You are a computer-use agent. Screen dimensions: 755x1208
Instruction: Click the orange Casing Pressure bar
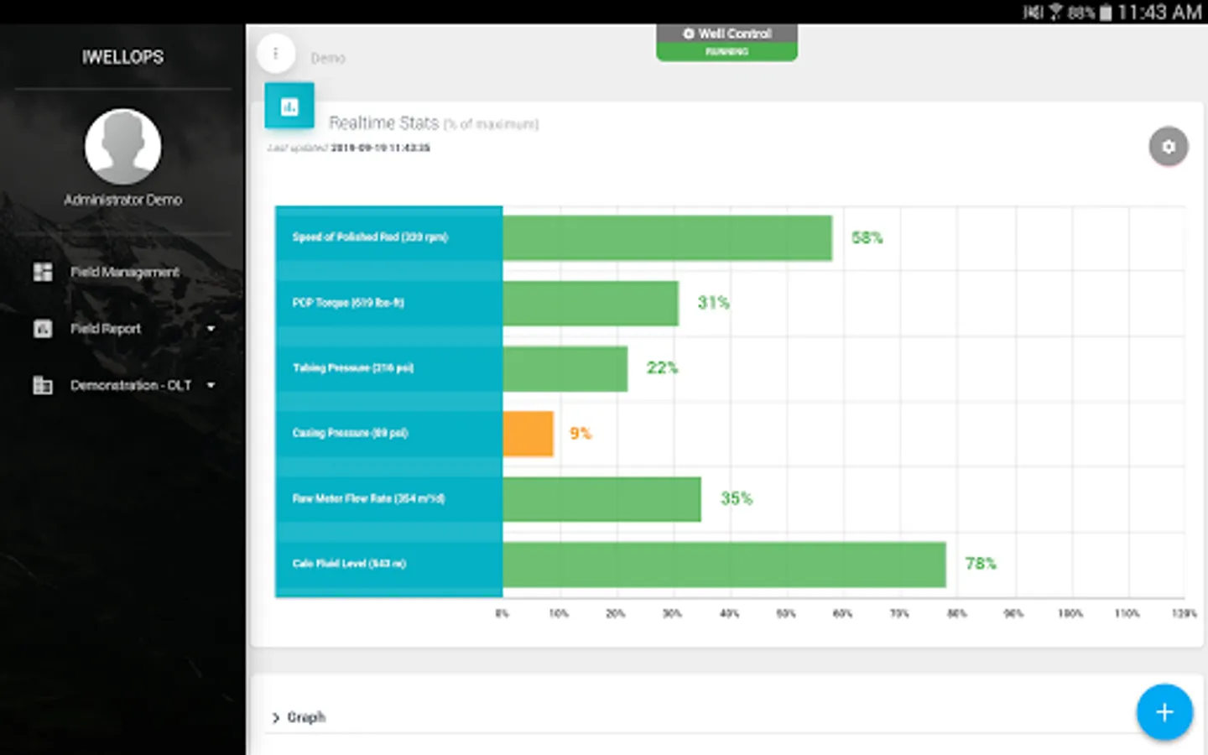pyautogui.click(x=528, y=434)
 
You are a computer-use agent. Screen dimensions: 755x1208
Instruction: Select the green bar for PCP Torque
pyautogui.click(x=591, y=303)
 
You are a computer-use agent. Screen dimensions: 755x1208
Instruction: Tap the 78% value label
pyautogui.click(x=980, y=564)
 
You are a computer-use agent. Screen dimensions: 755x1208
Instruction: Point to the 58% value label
pyautogui.click(x=867, y=238)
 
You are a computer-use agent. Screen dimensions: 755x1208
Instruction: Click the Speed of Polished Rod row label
pyautogui.click(x=370, y=237)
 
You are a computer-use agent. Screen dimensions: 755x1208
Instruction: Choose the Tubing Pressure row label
pyautogui.click(x=353, y=368)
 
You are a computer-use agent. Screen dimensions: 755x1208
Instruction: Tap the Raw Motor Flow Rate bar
pyautogui.click(x=601, y=499)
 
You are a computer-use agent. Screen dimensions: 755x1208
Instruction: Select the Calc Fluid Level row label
pyautogui.click(x=349, y=564)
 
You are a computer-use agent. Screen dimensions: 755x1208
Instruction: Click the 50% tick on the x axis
pyautogui.click(x=786, y=614)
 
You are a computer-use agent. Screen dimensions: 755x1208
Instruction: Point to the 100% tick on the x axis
pyautogui.click(x=1070, y=614)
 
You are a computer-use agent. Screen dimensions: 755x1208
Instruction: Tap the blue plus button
pyautogui.click(x=1164, y=712)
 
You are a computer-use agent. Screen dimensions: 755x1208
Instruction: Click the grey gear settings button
pyautogui.click(x=1168, y=147)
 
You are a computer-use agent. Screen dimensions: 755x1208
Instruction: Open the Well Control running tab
pyautogui.click(x=726, y=41)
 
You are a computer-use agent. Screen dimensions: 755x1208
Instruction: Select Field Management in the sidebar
pyautogui.click(x=124, y=272)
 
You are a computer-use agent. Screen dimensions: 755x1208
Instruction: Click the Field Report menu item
pyautogui.click(x=106, y=329)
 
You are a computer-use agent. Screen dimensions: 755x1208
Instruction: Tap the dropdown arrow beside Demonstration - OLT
pyautogui.click(x=211, y=385)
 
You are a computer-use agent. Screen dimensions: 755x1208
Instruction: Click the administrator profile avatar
pyautogui.click(x=123, y=146)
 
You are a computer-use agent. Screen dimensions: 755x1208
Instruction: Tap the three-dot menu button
pyautogui.click(x=275, y=54)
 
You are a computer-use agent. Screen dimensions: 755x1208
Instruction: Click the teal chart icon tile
pyautogui.click(x=289, y=107)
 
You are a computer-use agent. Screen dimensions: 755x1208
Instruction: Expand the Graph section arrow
pyautogui.click(x=276, y=718)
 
